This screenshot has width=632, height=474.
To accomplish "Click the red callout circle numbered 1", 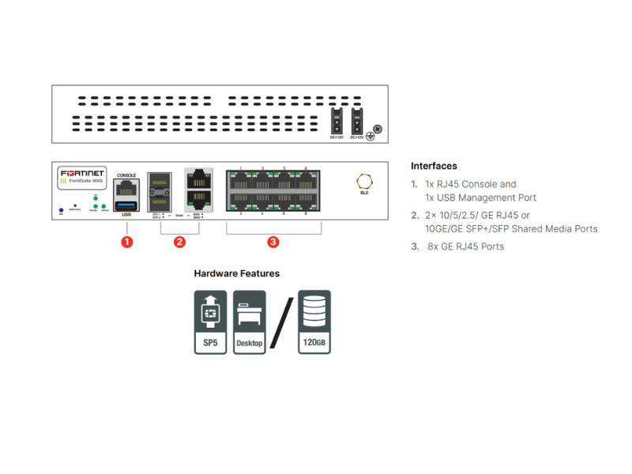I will pos(126,242).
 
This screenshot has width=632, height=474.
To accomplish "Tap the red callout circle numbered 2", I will pos(179,242).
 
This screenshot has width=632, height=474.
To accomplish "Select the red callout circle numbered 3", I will pos(273,242).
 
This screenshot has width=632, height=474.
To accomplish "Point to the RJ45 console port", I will pos(126,188).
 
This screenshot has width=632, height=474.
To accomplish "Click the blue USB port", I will pos(126,207).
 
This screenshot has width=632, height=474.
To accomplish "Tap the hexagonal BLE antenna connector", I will pos(364,179).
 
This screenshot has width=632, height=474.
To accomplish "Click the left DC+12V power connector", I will pos(335,122).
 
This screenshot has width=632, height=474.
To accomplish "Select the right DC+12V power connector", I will pos(356,122).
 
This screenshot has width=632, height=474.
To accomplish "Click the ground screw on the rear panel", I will pos(378,129).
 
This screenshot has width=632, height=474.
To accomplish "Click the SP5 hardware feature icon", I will pos(210,322).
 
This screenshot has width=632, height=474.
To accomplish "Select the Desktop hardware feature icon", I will pos(249,322).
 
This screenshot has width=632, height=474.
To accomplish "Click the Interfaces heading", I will pos(434,166).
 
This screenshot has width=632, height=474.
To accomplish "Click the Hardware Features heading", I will pos(237,273).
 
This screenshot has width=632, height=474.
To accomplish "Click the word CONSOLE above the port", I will pos(126,175).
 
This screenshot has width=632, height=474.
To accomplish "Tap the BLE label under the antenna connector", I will pos(364,193).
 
